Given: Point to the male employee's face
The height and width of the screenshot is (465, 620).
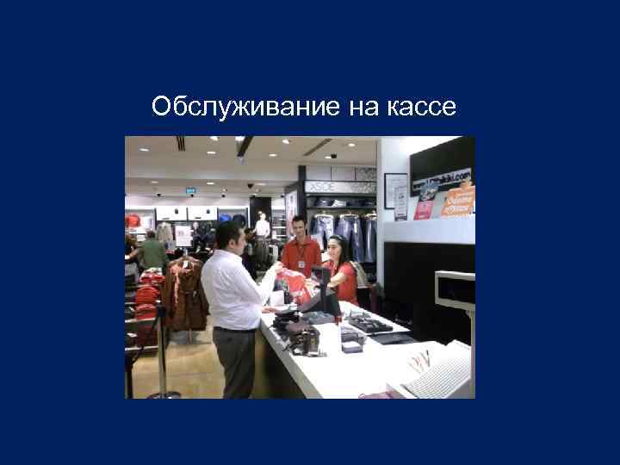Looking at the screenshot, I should coord(299,227).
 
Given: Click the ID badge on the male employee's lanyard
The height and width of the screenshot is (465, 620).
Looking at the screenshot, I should coord(301,264).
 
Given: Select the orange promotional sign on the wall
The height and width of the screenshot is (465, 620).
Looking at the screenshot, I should coord(457,201).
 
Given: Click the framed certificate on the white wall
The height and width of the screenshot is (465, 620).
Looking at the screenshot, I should coord(396,195).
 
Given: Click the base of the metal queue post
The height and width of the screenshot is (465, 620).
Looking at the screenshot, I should coord(164,394).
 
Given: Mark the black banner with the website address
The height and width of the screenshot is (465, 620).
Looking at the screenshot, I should coord(441,181).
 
